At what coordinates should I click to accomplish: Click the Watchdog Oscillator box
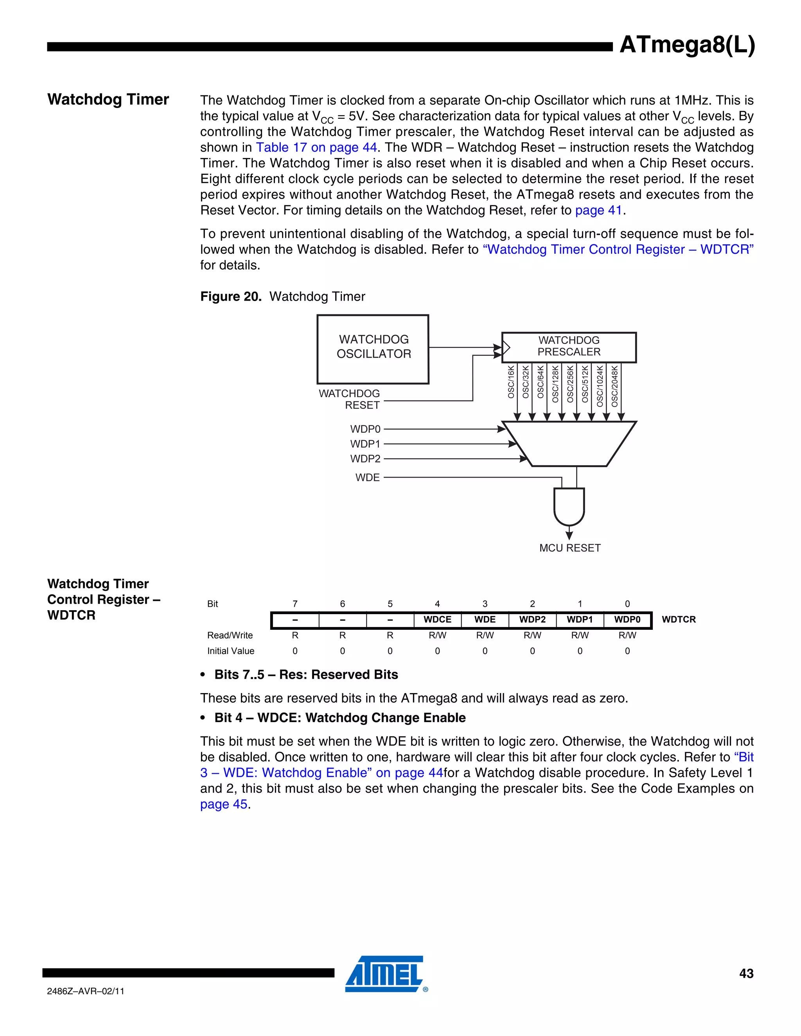[x=373, y=349]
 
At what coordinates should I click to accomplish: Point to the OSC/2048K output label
[x=615, y=386]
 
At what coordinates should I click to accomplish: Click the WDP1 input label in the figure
[x=365, y=444]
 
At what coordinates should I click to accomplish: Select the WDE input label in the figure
[x=368, y=478]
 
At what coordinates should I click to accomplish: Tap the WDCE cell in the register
[x=437, y=620]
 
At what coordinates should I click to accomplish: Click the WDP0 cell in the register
[x=627, y=620]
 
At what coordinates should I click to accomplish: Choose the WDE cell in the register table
[x=485, y=620]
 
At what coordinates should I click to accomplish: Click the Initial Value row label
[x=231, y=651]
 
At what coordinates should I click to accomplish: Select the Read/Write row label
[x=230, y=635]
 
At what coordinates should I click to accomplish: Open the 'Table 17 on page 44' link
[x=316, y=147]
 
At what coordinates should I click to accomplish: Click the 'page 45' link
[x=223, y=804]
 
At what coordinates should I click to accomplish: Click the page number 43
[x=746, y=973]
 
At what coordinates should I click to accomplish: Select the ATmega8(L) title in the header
[x=687, y=45]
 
